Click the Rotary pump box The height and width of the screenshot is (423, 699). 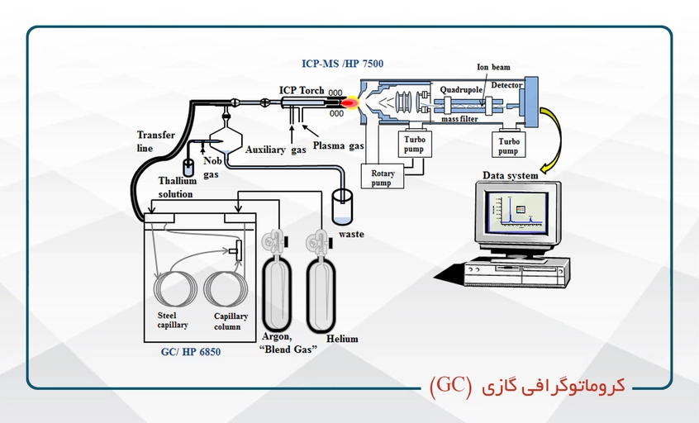[x=382, y=177]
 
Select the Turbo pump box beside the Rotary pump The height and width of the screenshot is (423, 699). [x=415, y=144]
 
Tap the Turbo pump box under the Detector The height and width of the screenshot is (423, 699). [x=509, y=145]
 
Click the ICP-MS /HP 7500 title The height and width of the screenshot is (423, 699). [x=342, y=64]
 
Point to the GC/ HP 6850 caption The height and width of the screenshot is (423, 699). [x=191, y=352]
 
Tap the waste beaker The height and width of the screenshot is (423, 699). [x=342, y=207]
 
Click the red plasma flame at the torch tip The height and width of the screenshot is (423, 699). [x=350, y=103]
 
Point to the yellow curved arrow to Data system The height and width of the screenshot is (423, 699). [x=555, y=138]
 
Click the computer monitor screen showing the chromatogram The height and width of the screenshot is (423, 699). [x=517, y=212]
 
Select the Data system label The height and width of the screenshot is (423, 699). [x=510, y=175]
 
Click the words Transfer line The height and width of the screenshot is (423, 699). [x=155, y=141]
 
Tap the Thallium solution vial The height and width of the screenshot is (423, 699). [x=188, y=167]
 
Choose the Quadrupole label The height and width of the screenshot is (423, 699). [x=461, y=90]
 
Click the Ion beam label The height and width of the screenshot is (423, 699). [x=493, y=67]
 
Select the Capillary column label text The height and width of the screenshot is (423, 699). [x=231, y=321]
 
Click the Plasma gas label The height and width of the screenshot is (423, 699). [x=339, y=145]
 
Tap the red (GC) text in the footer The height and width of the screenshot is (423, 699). [x=450, y=385]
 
